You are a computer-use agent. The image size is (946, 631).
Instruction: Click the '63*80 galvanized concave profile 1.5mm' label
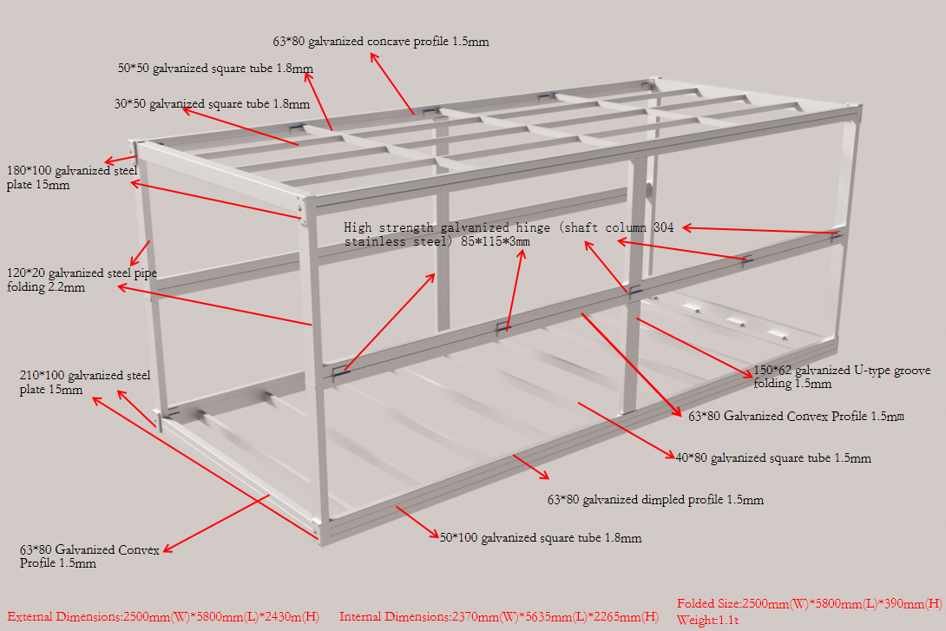381,42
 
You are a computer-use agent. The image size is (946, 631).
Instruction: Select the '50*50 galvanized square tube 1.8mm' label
215,68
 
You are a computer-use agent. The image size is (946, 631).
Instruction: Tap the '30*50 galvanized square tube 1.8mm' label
212,104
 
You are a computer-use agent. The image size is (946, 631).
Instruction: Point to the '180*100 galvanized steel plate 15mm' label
71,178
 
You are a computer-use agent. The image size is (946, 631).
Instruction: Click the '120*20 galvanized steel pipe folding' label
82,279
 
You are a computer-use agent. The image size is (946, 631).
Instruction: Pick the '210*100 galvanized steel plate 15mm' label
84,383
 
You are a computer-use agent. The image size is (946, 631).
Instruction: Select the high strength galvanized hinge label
509,234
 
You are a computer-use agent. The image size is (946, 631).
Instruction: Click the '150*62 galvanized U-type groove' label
841,377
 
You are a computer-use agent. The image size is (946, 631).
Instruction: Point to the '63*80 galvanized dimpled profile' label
655,500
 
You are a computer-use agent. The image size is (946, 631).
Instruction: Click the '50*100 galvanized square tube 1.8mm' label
541,538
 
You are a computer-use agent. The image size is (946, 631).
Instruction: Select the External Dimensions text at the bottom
163,617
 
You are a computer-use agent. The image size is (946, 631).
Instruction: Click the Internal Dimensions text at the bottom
498,617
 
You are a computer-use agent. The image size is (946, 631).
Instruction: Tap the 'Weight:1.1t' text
707,620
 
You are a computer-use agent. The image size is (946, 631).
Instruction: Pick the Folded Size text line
809,603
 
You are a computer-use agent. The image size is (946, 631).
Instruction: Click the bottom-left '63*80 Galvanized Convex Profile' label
89,556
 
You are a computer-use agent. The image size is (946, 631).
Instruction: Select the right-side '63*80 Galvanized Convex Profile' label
796,417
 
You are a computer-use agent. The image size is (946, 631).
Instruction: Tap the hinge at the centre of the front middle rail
502,327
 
